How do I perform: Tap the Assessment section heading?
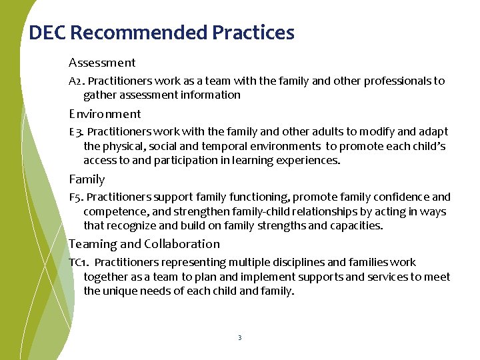(x=102, y=63)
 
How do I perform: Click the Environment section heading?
(x=105, y=114)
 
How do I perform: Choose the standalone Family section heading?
(x=87, y=179)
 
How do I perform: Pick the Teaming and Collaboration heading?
(x=144, y=244)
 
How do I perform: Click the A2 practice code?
(x=75, y=81)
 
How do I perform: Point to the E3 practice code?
(x=75, y=132)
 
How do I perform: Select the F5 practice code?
(x=75, y=197)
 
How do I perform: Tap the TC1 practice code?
(x=78, y=263)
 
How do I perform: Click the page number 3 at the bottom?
(x=239, y=338)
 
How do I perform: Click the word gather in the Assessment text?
(x=101, y=95)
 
